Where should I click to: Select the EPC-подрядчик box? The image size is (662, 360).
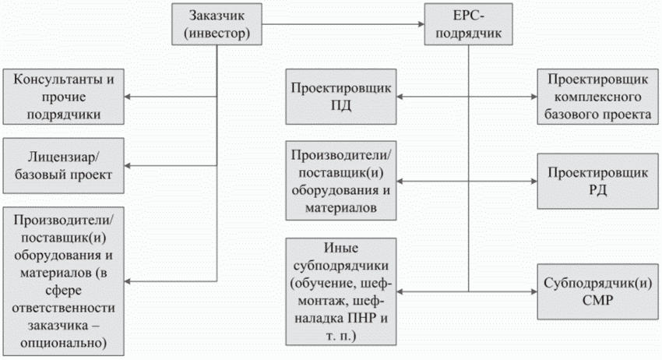click(469, 25)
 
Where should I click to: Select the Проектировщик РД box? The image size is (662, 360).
click(594, 180)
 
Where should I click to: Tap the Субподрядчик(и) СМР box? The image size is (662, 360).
click(594, 291)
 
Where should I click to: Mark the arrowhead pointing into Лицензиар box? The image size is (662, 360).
click(130, 165)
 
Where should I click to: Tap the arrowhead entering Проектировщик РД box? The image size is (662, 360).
click(533, 181)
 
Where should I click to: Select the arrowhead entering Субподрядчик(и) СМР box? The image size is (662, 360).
click(533, 291)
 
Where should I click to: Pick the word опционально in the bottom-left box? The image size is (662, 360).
click(65, 342)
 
